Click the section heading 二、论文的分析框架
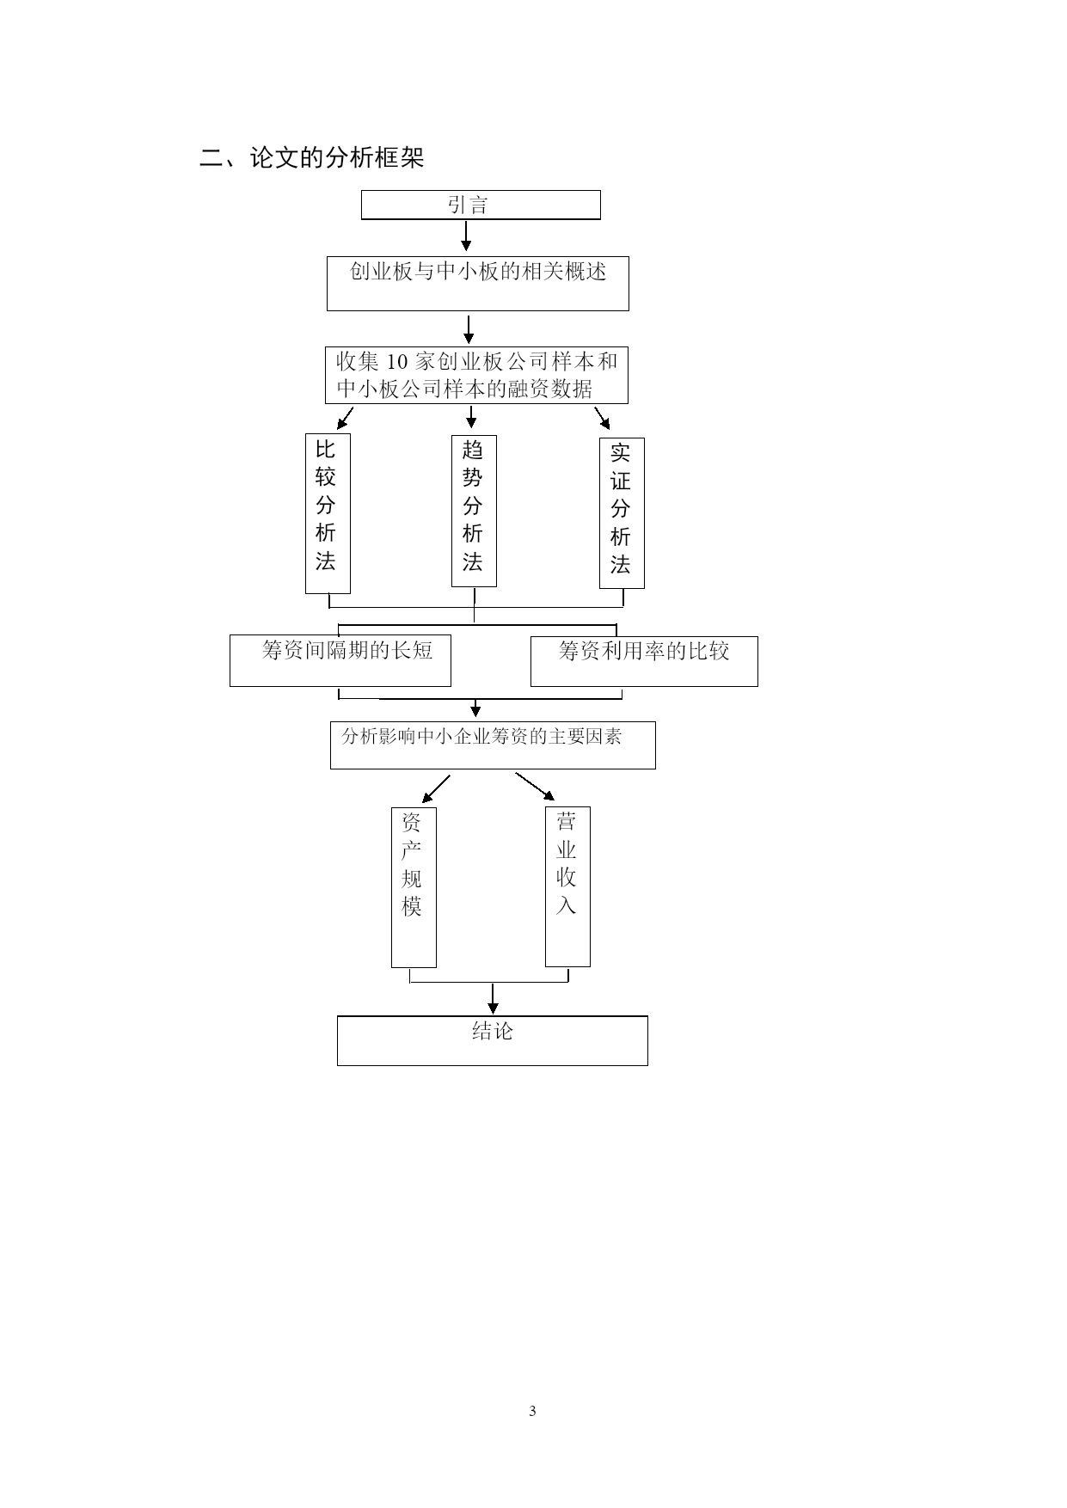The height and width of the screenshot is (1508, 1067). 312,157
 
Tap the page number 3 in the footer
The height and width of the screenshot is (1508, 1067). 532,1411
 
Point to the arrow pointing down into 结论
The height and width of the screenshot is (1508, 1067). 493,999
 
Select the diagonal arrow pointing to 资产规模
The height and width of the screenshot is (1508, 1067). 436,788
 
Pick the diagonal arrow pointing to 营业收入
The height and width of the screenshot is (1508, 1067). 535,787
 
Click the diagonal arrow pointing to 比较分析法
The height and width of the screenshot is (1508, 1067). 345,418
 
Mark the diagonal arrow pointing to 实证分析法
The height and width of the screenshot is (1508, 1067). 603,418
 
